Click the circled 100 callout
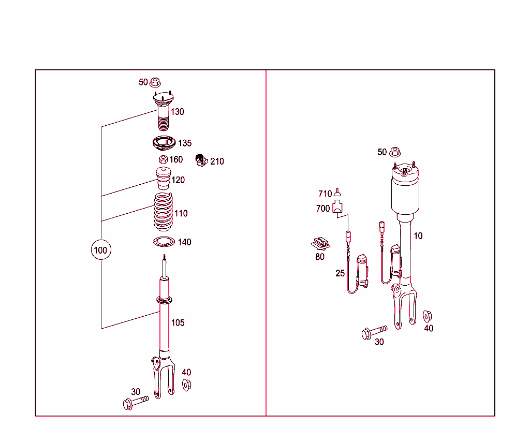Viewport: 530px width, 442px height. pyautogui.click(x=100, y=251)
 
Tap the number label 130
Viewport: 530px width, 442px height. pyautogui.click(x=178, y=112)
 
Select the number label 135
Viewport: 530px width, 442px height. pyautogui.click(x=185, y=143)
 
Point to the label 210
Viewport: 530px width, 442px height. pyautogui.click(x=217, y=161)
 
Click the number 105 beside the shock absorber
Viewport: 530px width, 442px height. pyautogui.click(x=178, y=323)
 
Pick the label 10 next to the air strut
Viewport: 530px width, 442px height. pyautogui.click(x=418, y=236)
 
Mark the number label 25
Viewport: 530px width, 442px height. pyautogui.click(x=340, y=273)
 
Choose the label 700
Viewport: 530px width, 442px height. pyautogui.click(x=323, y=209)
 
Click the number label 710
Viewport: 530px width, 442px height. pyautogui.click(x=325, y=194)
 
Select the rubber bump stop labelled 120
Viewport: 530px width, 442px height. pyautogui.click(x=163, y=179)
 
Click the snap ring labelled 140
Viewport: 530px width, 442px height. pyautogui.click(x=164, y=241)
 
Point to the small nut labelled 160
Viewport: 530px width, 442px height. pyautogui.click(x=163, y=159)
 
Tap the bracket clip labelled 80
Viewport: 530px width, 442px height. pyautogui.click(x=321, y=242)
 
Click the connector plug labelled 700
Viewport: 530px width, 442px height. pyautogui.click(x=338, y=207)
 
